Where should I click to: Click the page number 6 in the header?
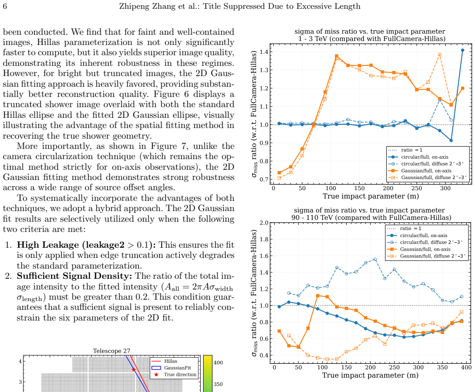click(5, 6)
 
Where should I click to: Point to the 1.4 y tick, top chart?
click(264, 51)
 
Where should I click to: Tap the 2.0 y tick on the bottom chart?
click(264, 223)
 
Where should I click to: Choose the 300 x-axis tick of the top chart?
click(445, 188)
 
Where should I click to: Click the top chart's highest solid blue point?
click(462, 50)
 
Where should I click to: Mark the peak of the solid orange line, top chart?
click(336, 56)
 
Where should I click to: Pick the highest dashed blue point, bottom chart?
click(376, 259)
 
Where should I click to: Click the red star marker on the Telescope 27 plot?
click(133, 370)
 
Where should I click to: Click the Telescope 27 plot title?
click(112, 351)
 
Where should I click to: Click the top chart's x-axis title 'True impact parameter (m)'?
click(371, 196)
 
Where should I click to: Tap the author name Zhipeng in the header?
click(135, 6)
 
